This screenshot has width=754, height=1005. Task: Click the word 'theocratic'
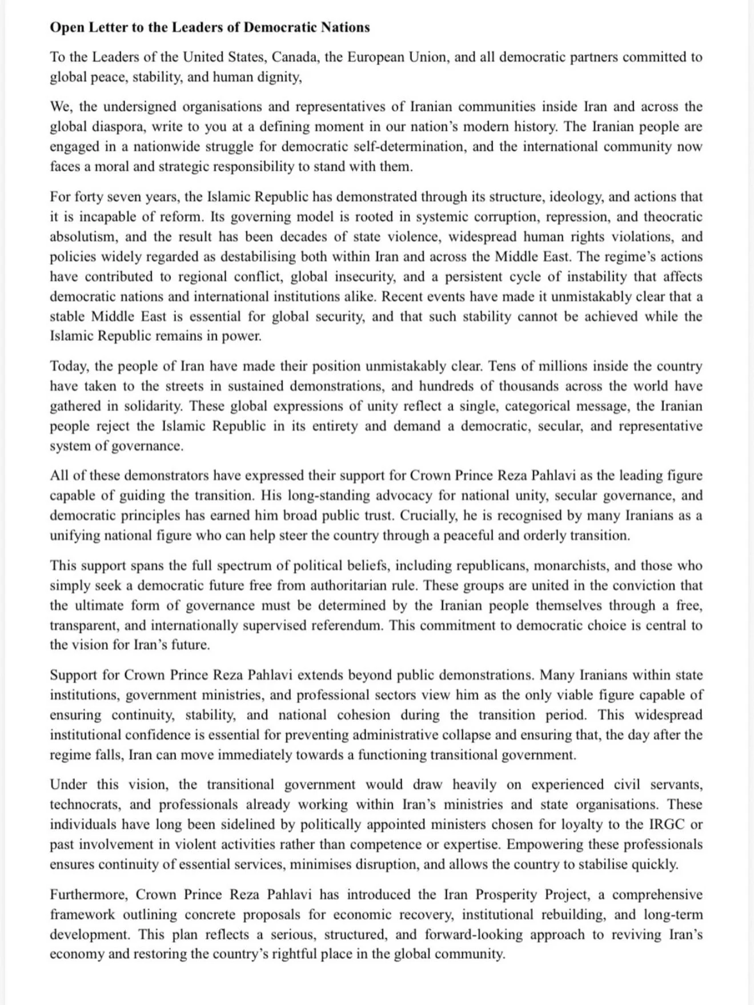point(673,217)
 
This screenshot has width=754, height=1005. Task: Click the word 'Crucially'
point(429,516)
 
